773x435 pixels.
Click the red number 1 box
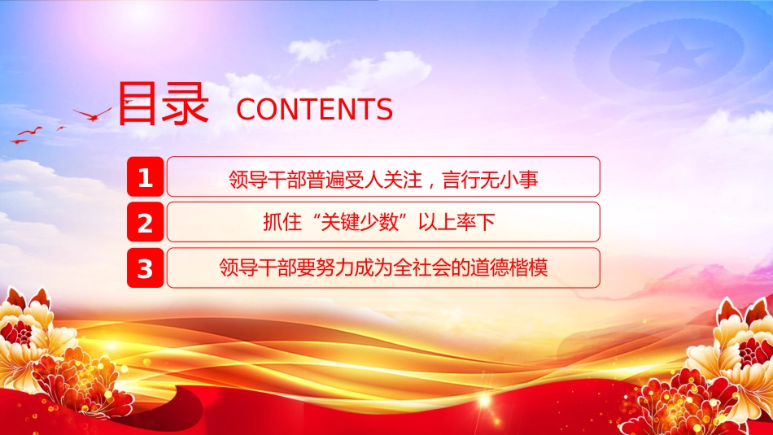[x=145, y=177]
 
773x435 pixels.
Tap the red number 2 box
[x=145, y=222]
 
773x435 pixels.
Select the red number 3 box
[x=145, y=268]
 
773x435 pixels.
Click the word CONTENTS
[x=315, y=110]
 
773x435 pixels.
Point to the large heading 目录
[x=164, y=103]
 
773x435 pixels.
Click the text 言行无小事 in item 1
[x=490, y=180]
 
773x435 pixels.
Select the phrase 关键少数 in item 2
[x=360, y=223]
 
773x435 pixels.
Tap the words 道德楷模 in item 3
[x=509, y=268]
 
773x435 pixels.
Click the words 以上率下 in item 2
[x=456, y=223]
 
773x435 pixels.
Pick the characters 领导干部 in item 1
[x=267, y=180]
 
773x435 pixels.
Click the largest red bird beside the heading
[x=93, y=115]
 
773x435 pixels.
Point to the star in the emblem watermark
[x=677, y=55]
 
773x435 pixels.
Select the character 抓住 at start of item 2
[x=282, y=223]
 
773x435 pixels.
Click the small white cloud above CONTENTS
[x=312, y=50]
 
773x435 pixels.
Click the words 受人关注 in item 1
[x=383, y=180]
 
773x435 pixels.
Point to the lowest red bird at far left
[x=18, y=141]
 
